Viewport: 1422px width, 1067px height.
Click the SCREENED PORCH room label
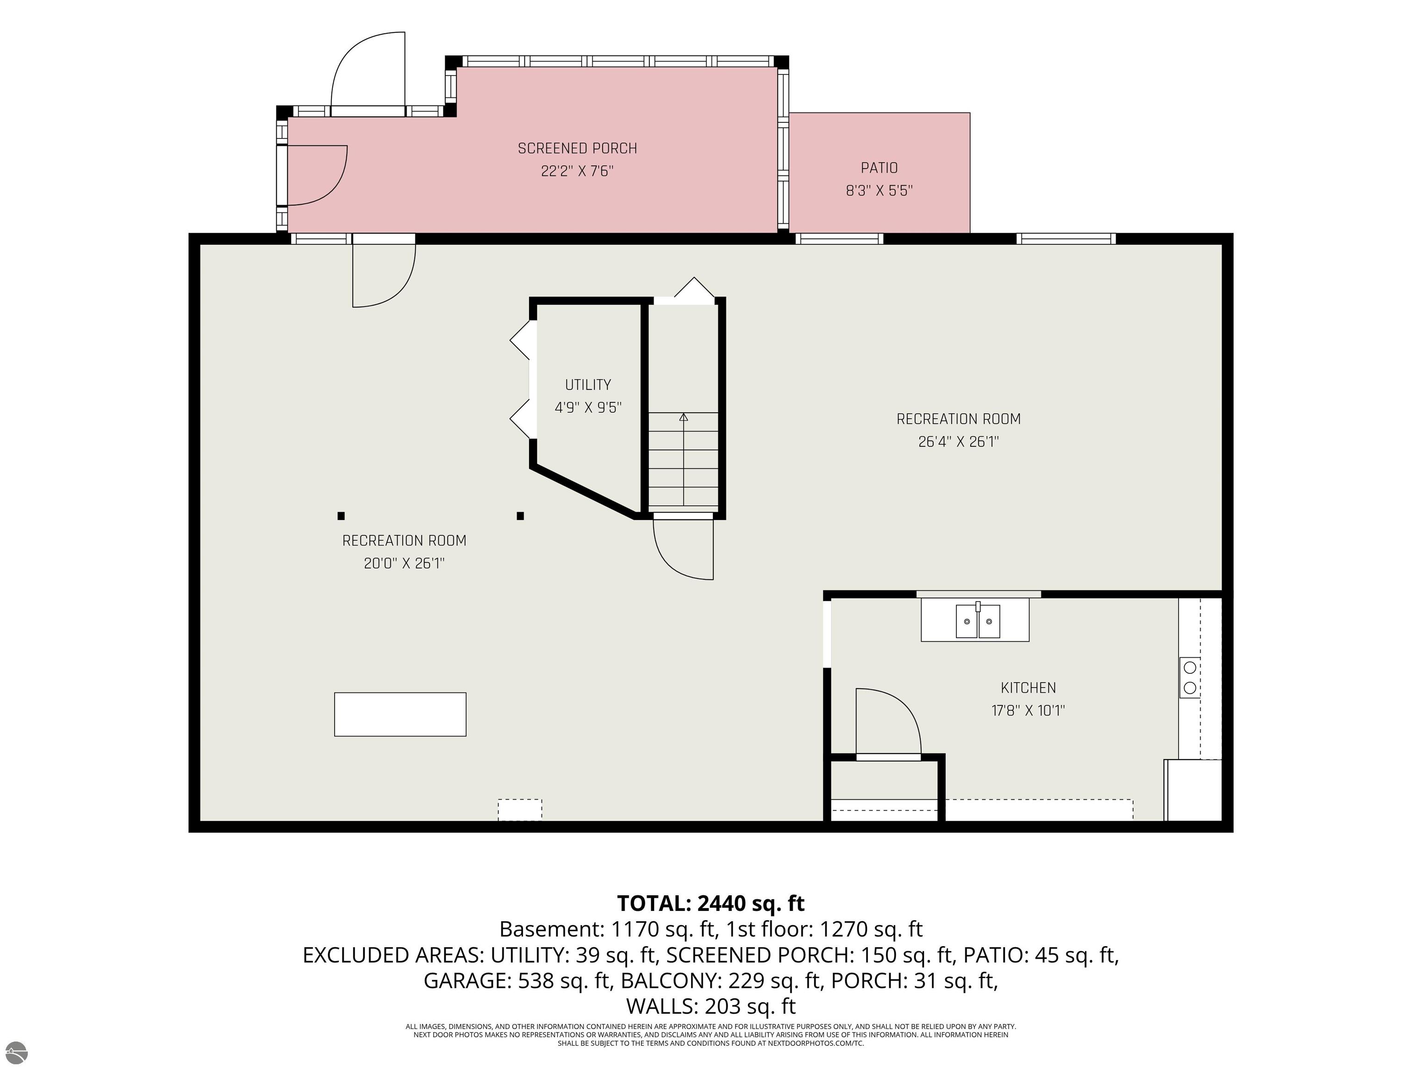[x=577, y=149]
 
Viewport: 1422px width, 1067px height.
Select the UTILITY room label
[x=587, y=384]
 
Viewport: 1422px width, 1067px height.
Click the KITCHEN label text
[x=1028, y=688]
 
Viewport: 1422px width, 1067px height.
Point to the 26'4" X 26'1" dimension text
[x=959, y=442]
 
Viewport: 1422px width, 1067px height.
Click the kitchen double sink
[x=978, y=620]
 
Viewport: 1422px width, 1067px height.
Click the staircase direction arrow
[x=683, y=459]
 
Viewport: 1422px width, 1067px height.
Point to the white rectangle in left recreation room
[x=400, y=714]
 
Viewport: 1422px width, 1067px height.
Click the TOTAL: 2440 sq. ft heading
[x=711, y=903]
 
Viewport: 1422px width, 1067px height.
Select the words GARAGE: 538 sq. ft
[x=517, y=980]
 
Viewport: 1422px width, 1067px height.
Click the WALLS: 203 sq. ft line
[x=711, y=1005]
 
